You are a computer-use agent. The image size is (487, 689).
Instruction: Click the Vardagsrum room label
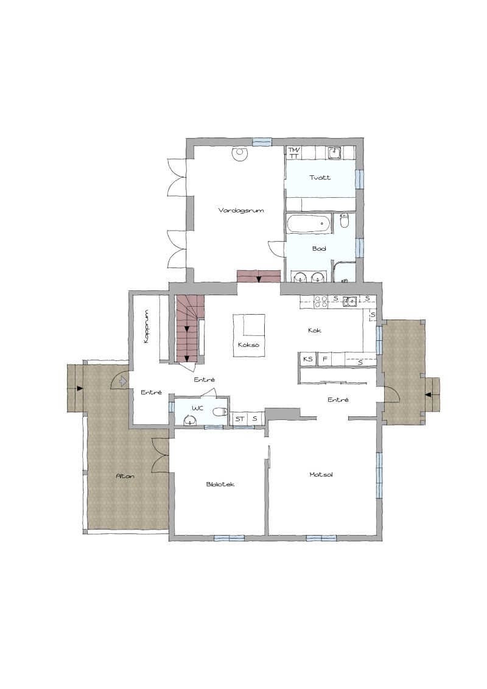tap(241, 211)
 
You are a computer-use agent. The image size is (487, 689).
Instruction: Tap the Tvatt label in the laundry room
tap(320, 178)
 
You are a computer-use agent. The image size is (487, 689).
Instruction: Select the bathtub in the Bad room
tap(309, 224)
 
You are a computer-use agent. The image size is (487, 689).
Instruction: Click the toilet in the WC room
tap(220, 411)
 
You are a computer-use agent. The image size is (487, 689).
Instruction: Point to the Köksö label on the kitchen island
tap(248, 345)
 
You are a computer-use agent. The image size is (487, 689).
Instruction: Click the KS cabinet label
tap(308, 359)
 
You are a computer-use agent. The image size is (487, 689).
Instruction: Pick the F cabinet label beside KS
tap(325, 359)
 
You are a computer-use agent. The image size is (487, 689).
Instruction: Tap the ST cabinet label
tap(240, 419)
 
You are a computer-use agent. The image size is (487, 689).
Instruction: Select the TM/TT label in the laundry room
tap(293, 153)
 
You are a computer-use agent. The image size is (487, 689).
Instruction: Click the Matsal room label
tap(321, 475)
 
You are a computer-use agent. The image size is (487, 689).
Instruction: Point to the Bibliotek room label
tap(220, 484)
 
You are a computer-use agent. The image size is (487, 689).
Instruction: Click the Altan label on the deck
tap(125, 476)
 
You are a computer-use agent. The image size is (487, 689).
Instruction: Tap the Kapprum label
tap(146, 327)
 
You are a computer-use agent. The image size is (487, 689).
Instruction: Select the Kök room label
tap(315, 330)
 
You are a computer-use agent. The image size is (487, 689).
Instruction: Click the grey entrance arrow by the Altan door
tap(123, 380)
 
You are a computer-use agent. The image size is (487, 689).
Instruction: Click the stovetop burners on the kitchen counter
tap(320, 301)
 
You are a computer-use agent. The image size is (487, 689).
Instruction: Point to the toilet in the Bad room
tap(345, 221)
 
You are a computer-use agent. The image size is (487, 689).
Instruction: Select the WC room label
tap(198, 408)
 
